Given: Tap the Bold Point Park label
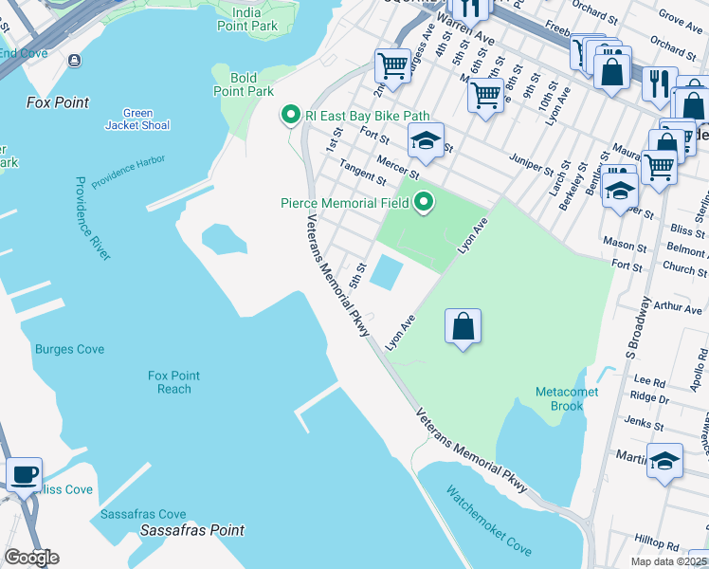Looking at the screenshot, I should [x=244, y=84].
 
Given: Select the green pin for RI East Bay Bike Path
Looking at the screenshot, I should [x=292, y=116].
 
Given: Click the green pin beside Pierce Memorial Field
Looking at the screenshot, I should [x=424, y=202].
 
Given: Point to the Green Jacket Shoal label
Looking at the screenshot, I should [x=137, y=119].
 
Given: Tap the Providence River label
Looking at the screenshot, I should [x=93, y=218].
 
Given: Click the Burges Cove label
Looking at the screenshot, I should [x=69, y=349].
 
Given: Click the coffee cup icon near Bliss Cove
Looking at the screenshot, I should [x=24, y=474].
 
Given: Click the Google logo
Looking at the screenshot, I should [x=31, y=558].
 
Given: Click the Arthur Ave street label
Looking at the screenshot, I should [x=678, y=307].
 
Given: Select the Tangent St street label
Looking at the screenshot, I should [x=362, y=174].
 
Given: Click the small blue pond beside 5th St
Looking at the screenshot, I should [x=386, y=272].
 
